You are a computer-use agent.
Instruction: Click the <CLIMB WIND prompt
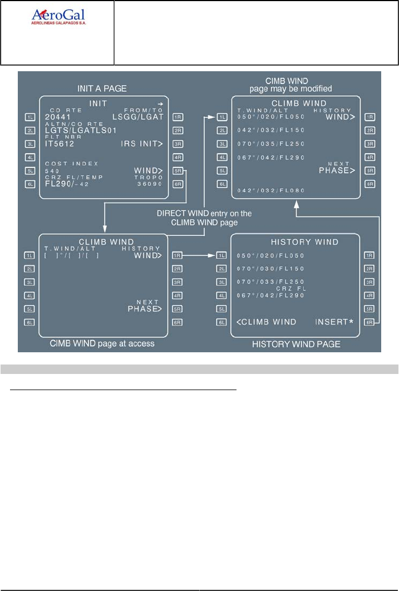coord(265,322)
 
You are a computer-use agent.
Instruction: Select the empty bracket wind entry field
coord(72,255)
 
